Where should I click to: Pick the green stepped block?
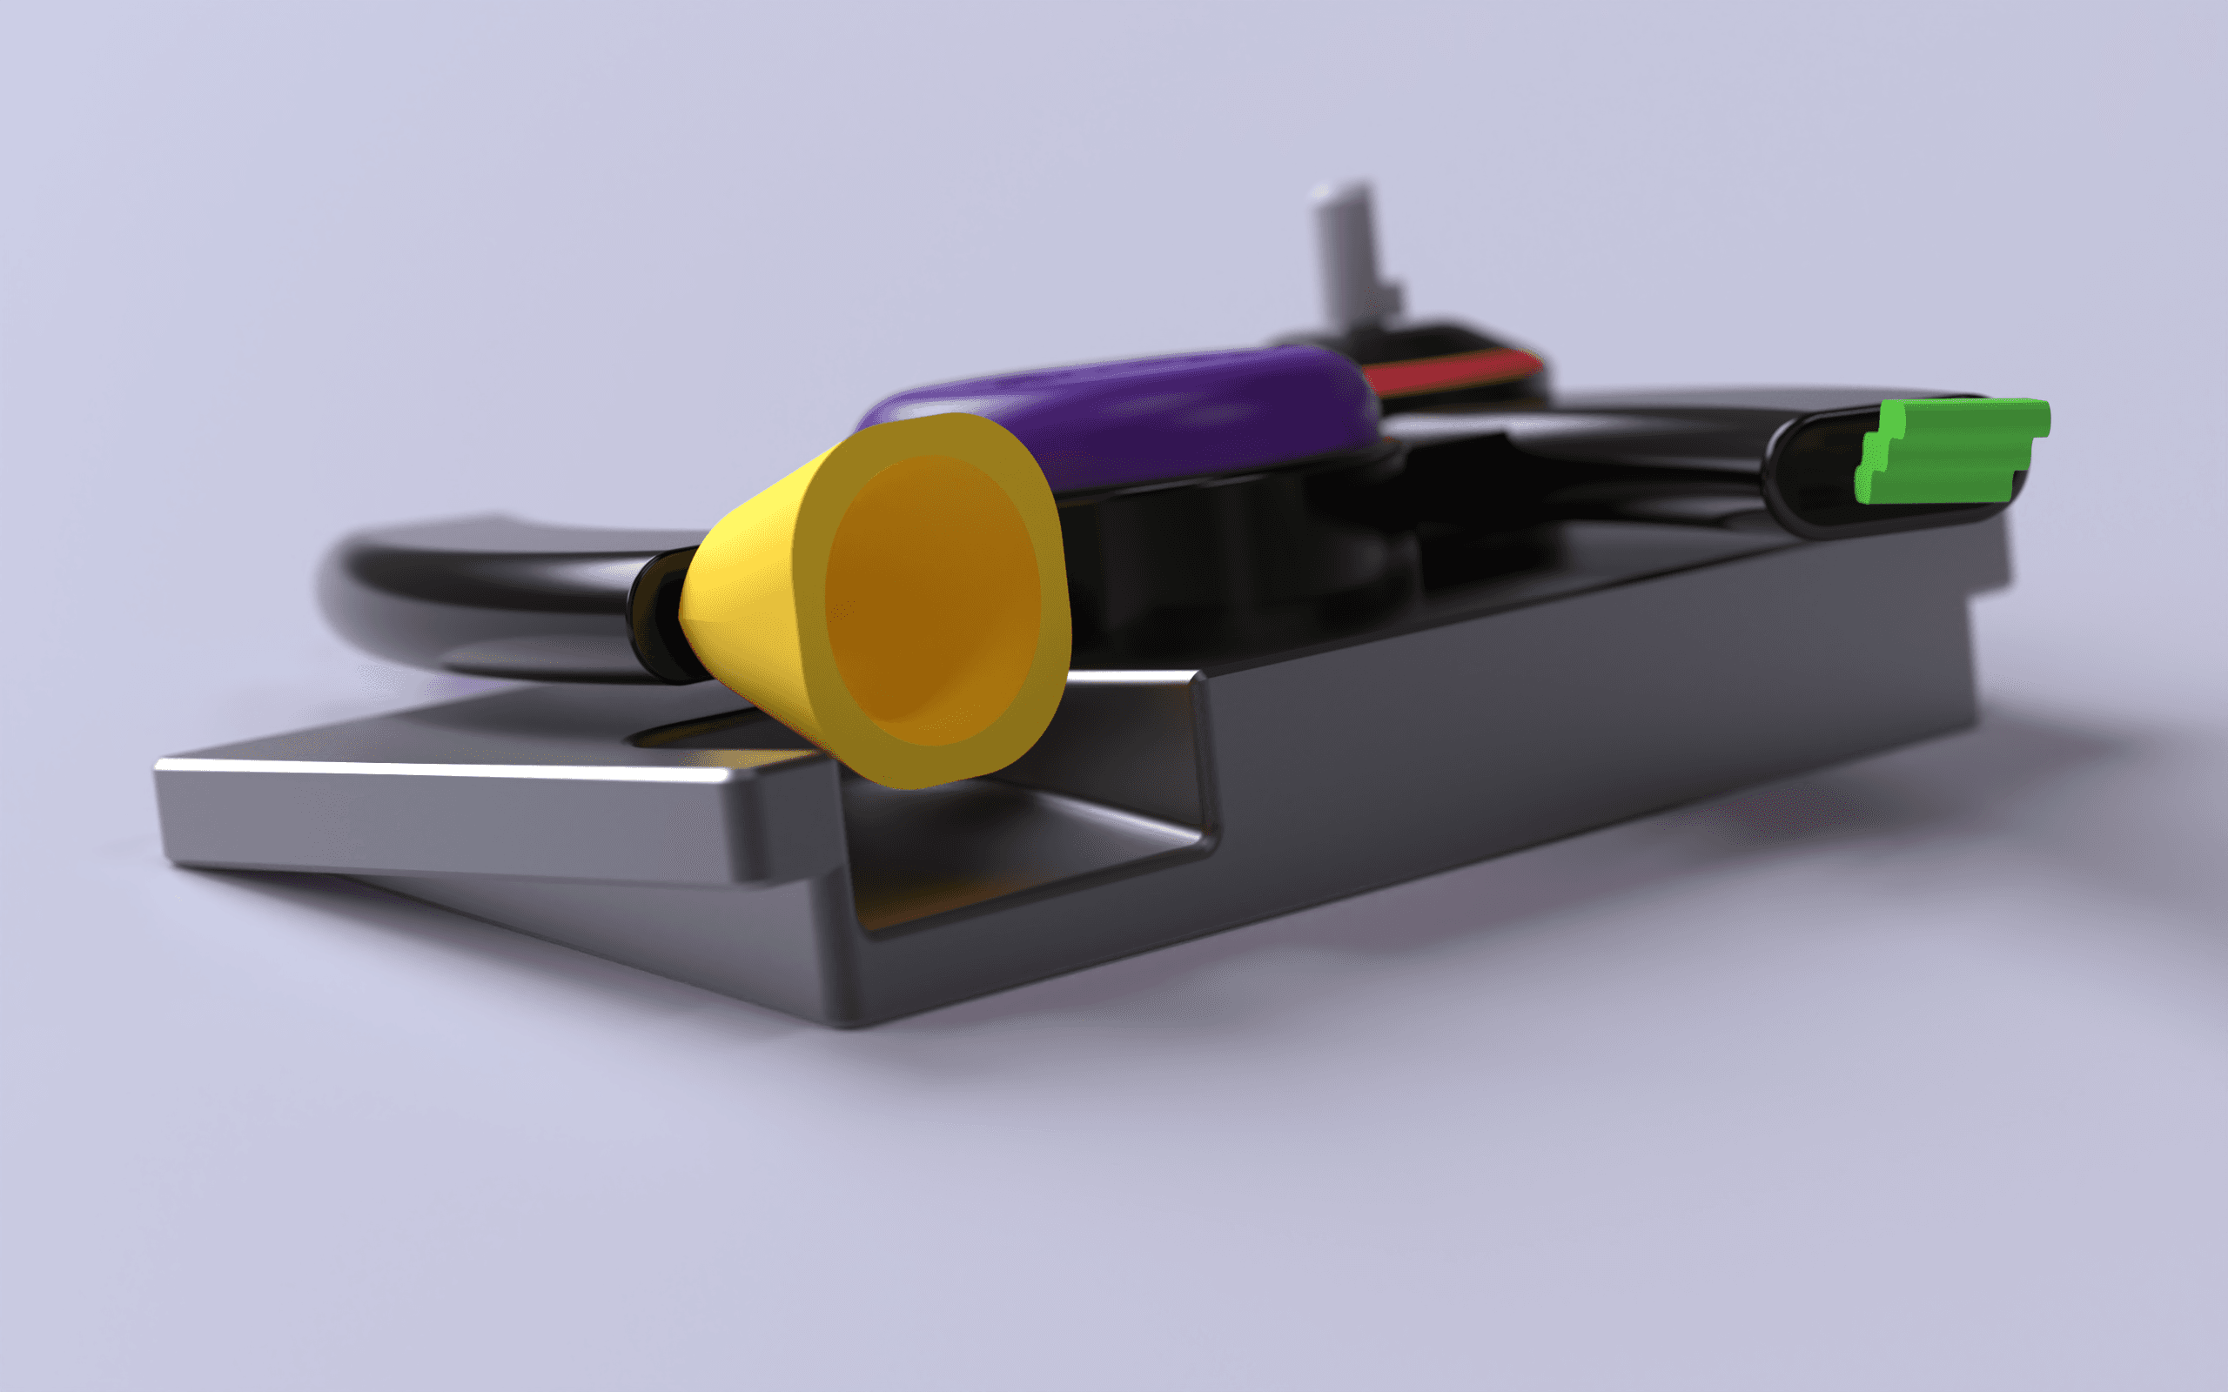[1952, 452]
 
